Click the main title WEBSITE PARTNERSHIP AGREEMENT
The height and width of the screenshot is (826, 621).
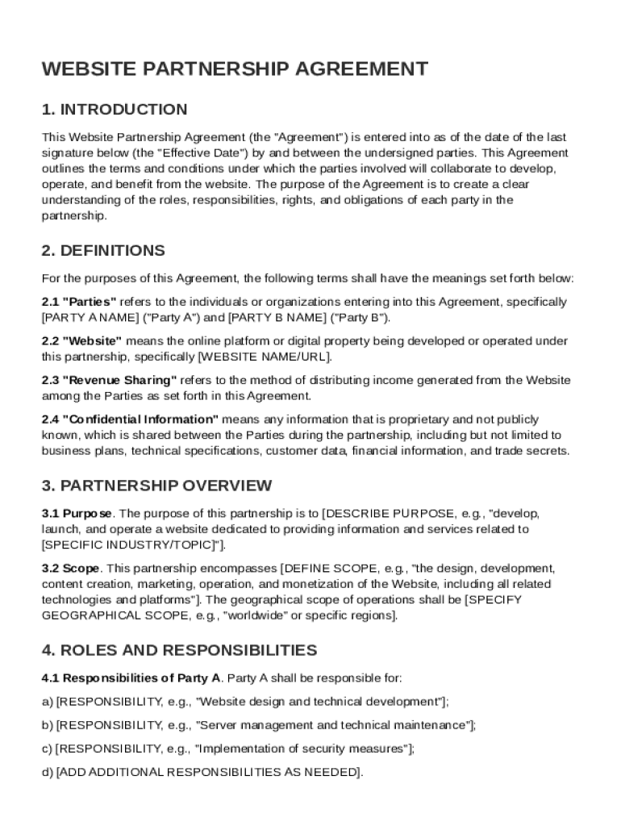click(x=235, y=69)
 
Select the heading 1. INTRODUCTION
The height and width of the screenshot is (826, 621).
click(x=115, y=110)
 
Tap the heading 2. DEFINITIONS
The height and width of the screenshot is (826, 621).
click(x=103, y=251)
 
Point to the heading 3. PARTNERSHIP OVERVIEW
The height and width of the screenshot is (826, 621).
click(x=156, y=486)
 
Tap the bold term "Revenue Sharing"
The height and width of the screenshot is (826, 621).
click(x=119, y=380)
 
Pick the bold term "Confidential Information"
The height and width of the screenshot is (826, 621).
click(x=140, y=419)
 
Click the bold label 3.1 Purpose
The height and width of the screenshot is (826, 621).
click(x=77, y=514)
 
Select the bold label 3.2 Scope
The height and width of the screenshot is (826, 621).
click(x=71, y=569)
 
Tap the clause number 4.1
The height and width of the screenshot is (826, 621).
click(x=51, y=678)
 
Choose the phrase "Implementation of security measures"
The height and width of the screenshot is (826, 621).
click(x=302, y=749)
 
